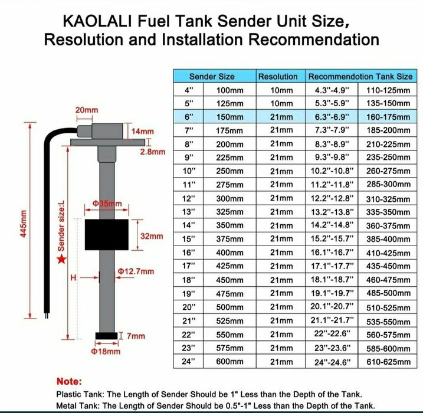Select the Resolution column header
[x=278, y=77]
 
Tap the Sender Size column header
[x=212, y=77]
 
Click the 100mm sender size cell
[x=229, y=90]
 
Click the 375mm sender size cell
[x=229, y=239]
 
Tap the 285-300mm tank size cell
[x=388, y=185]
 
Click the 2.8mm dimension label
[x=152, y=152]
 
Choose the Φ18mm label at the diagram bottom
[x=106, y=352]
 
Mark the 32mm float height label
[x=152, y=237]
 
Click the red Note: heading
[x=69, y=382]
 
